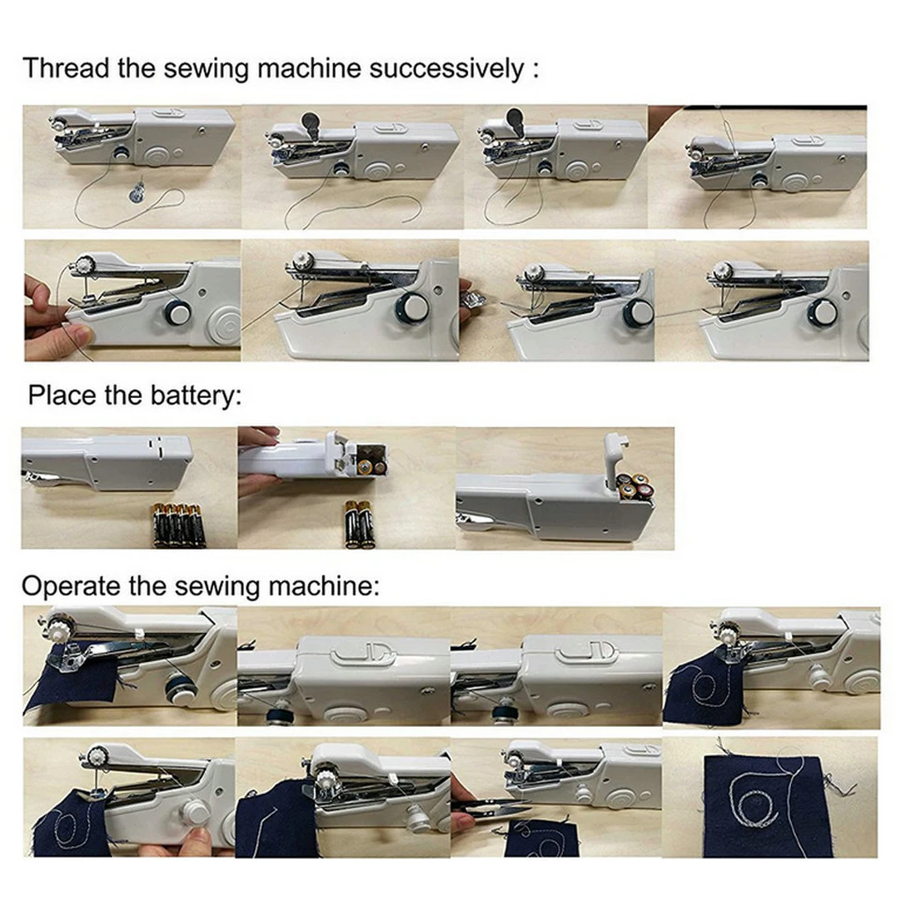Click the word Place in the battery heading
(62, 395)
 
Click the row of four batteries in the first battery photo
(178, 525)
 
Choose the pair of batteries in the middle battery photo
(359, 525)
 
